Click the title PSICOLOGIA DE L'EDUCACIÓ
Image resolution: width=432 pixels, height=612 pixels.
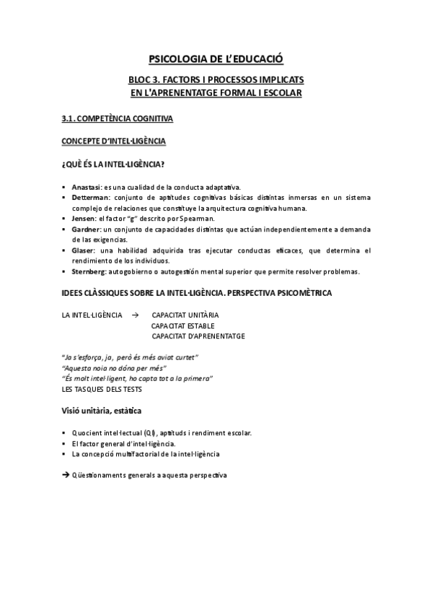tap(216, 61)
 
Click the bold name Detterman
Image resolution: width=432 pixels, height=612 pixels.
tap(91, 198)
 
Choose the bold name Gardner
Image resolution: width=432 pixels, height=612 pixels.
tap(87, 229)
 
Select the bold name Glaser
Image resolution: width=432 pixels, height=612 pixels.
tap(84, 250)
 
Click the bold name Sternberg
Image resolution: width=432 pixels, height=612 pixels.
tap(89, 271)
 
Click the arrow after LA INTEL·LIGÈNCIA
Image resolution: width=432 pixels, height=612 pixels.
tap(135, 315)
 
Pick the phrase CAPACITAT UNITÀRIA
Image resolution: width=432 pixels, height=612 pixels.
tap(185, 315)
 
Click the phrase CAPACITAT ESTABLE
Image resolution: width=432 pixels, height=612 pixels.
tap(183, 326)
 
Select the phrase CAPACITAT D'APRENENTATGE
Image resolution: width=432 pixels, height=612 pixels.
tap(198, 336)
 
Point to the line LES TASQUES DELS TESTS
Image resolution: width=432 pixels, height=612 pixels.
tap(102, 389)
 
